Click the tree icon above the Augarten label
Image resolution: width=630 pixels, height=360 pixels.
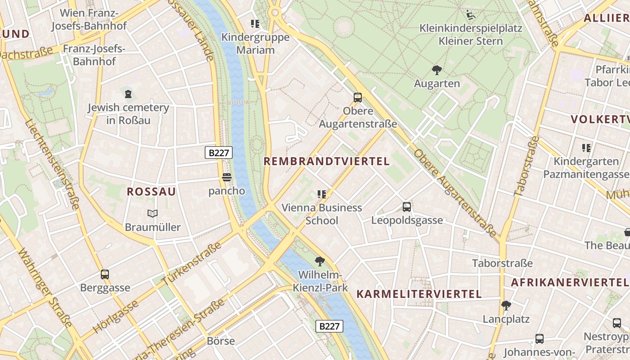(x=436, y=70)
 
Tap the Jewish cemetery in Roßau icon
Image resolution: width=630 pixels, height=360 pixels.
(x=129, y=94)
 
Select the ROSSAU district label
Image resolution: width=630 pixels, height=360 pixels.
(x=151, y=192)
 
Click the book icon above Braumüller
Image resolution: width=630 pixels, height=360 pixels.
(x=153, y=213)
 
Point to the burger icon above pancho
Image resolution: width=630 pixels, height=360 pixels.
(x=227, y=177)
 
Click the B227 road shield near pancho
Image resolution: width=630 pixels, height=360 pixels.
(x=219, y=153)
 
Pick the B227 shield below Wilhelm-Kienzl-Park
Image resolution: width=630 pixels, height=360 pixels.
(x=329, y=326)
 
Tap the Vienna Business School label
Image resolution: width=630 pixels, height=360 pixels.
(x=322, y=214)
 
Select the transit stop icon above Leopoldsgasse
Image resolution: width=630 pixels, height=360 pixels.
(x=407, y=207)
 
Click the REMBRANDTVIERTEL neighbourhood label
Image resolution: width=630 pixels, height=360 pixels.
(x=326, y=162)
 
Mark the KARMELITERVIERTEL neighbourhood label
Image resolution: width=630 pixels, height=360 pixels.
(x=419, y=294)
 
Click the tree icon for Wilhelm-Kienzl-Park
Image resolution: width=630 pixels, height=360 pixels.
(x=320, y=261)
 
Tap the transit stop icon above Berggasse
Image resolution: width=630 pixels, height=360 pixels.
(x=105, y=274)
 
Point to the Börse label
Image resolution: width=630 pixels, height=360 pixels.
(x=220, y=341)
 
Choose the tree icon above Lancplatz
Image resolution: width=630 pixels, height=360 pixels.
(x=506, y=306)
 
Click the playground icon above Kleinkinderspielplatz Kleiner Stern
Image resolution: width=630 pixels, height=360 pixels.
(x=470, y=15)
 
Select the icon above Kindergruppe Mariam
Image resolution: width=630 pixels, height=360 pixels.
(x=255, y=23)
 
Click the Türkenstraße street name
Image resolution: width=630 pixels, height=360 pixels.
(x=192, y=263)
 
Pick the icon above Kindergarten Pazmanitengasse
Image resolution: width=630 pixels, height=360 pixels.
(x=586, y=148)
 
